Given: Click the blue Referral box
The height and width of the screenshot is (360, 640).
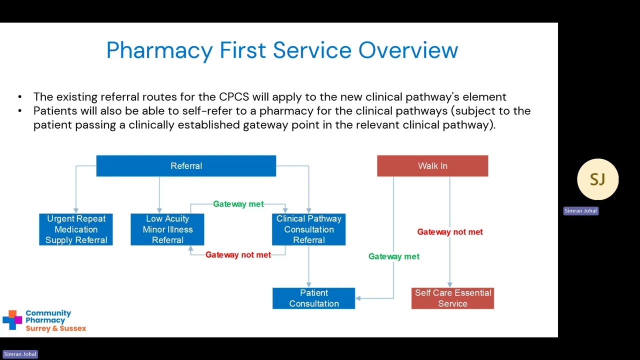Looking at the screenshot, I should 186,166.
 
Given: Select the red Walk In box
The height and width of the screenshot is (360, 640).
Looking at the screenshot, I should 432,166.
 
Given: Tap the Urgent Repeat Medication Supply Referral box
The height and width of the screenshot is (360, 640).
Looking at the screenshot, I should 76,229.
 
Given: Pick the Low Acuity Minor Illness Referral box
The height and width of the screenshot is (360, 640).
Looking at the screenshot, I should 167,229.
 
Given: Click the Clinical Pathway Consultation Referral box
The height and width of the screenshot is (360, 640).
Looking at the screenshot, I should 308,229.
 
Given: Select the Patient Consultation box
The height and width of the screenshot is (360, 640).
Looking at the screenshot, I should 313,298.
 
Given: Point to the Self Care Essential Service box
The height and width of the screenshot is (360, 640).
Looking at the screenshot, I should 452,298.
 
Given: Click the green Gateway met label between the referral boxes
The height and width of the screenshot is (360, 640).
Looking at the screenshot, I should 238,204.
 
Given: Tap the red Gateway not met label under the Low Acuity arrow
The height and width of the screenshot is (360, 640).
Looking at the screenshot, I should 238,255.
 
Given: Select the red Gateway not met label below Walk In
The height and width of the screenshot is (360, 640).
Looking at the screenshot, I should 450,232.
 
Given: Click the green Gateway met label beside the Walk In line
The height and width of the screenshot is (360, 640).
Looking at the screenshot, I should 393,256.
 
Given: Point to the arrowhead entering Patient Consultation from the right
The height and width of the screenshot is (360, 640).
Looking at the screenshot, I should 358,298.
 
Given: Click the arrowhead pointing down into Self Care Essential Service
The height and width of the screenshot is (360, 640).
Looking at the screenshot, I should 450,284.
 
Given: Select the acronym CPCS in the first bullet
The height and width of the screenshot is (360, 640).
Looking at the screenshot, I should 233,97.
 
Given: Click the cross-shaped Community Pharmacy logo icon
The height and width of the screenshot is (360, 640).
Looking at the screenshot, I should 12,320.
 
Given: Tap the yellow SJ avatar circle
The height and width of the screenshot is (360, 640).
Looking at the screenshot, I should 597,179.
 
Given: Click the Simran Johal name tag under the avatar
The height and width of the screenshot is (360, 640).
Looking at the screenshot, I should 580,211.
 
